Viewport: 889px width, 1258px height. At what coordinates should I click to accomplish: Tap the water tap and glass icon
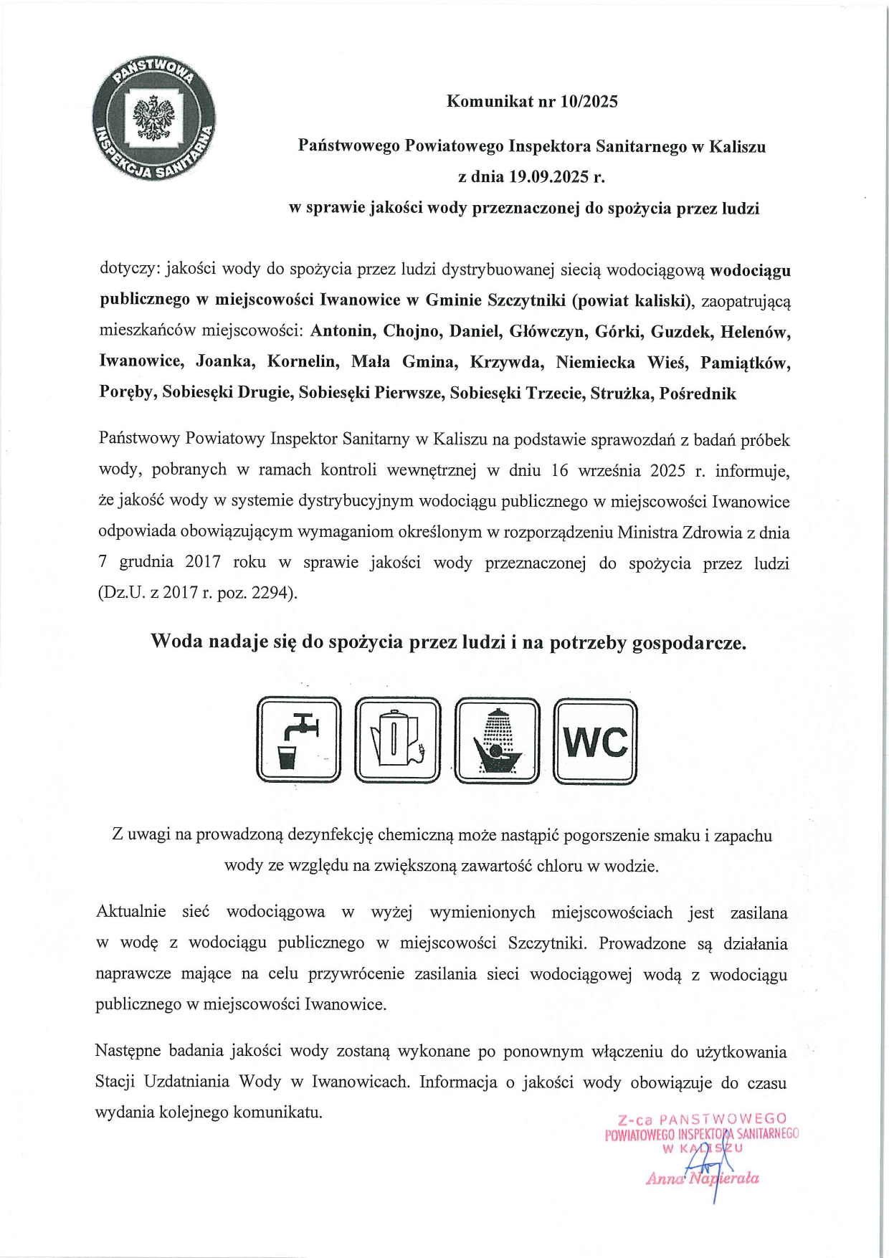pyautogui.click(x=298, y=740)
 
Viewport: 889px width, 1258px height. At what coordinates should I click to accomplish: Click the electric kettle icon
pyautogui.click(x=397, y=740)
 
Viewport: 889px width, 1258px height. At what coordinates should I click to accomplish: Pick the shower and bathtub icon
pyautogui.click(x=497, y=740)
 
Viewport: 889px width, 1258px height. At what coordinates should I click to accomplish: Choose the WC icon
pyautogui.click(x=595, y=741)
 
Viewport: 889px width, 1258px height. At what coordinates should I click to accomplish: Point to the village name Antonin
pyautogui.click(x=342, y=331)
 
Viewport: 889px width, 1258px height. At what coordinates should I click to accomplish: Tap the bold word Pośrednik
pyautogui.click(x=698, y=393)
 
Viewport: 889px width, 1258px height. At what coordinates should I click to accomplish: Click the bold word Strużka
pyautogui.click(x=621, y=393)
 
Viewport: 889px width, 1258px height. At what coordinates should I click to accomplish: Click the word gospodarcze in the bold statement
pyautogui.click(x=688, y=642)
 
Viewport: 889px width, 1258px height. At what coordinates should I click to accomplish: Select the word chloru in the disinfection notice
pyautogui.click(x=560, y=865)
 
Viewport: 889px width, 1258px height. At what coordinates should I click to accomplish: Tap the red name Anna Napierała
pyautogui.click(x=703, y=1178)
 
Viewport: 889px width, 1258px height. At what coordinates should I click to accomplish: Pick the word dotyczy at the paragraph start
pyautogui.click(x=130, y=270)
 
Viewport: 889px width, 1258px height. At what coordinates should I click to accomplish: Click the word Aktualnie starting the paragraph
pyautogui.click(x=130, y=912)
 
